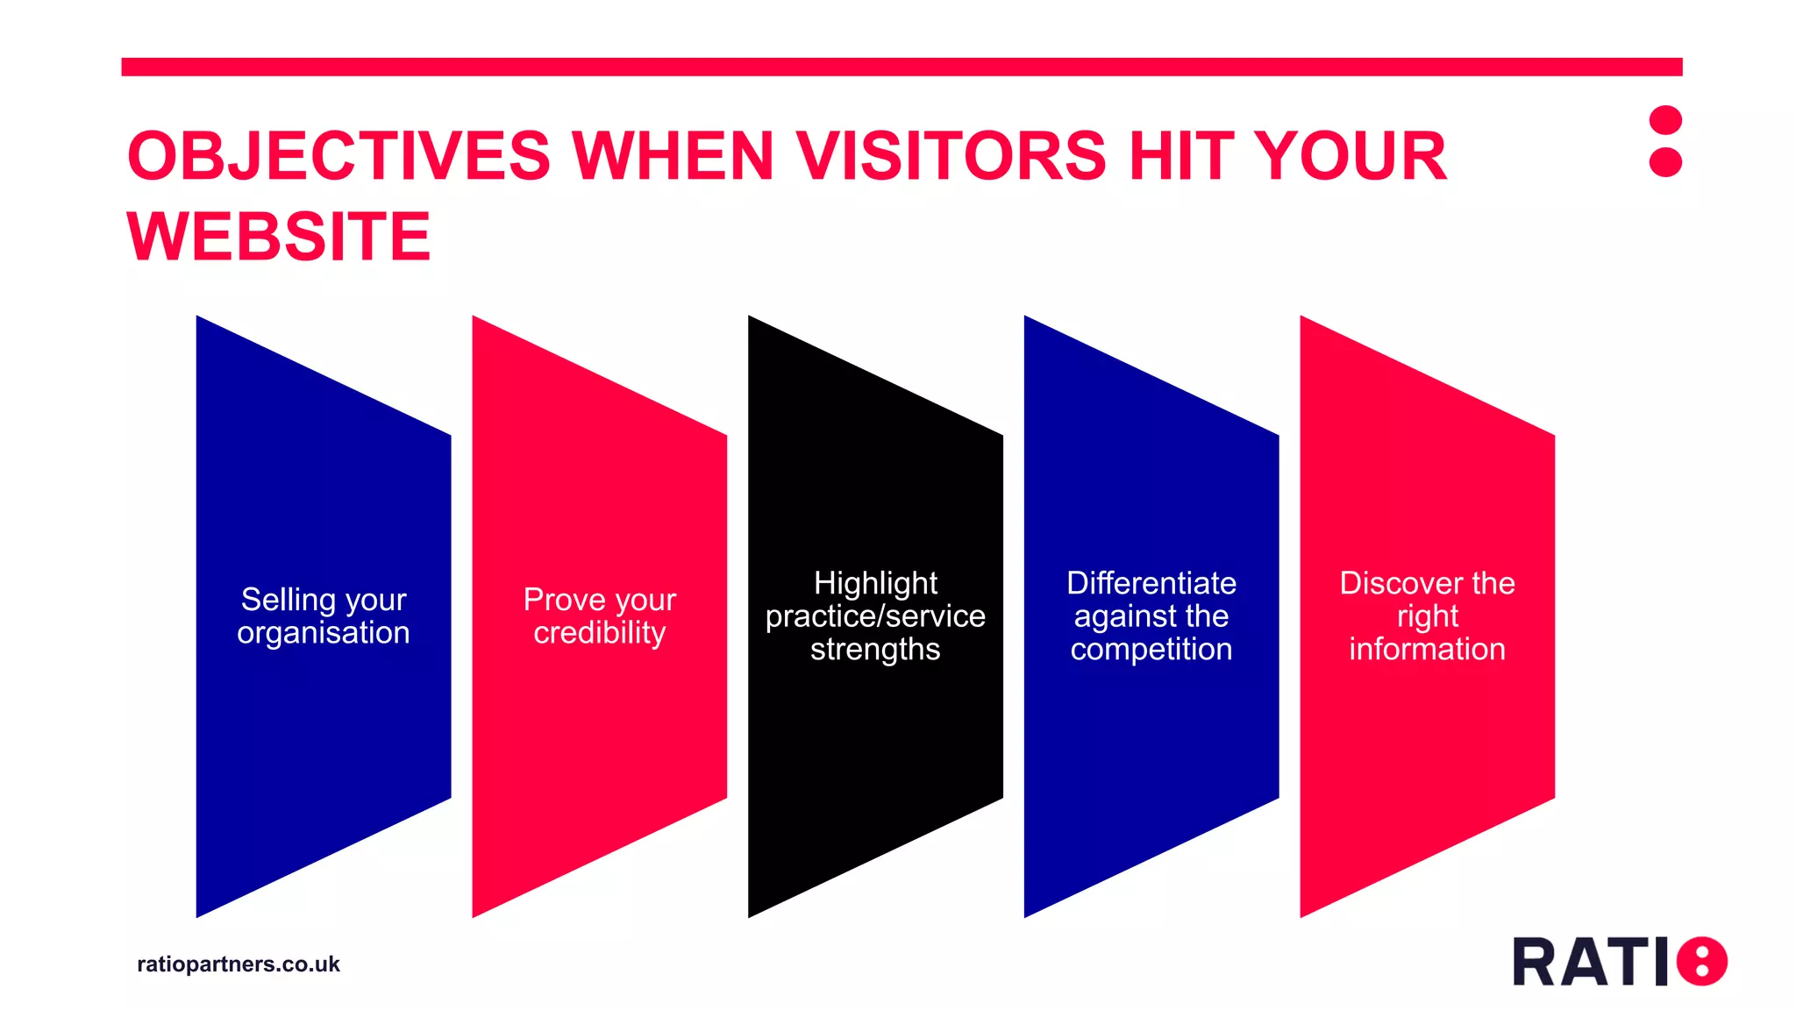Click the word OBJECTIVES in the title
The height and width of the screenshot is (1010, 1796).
[x=339, y=156]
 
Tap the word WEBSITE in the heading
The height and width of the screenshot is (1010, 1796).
[x=279, y=237]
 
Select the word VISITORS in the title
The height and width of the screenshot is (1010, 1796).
[x=951, y=156]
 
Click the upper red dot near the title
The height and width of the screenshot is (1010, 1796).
[x=1664, y=120]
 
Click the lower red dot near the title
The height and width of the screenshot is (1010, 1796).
[x=1664, y=162]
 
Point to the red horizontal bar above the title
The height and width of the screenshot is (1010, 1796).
[x=902, y=67]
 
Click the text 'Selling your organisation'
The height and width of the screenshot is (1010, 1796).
[x=324, y=615]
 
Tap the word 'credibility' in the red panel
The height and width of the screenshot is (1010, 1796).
[x=600, y=632]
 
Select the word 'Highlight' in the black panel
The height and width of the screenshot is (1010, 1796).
[x=875, y=583]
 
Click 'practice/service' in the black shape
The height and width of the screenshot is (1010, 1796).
[x=875, y=616]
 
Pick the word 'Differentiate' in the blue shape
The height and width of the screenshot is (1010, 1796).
[x=1151, y=583]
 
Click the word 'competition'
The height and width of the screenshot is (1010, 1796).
[x=1151, y=649]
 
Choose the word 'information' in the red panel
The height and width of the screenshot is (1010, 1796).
[x=1427, y=649]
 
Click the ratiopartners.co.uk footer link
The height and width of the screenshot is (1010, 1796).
[x=239, y=964]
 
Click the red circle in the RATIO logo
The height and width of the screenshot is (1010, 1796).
[x=1701, y=961]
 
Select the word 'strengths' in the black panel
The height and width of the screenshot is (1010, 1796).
[x=875, y=650]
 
